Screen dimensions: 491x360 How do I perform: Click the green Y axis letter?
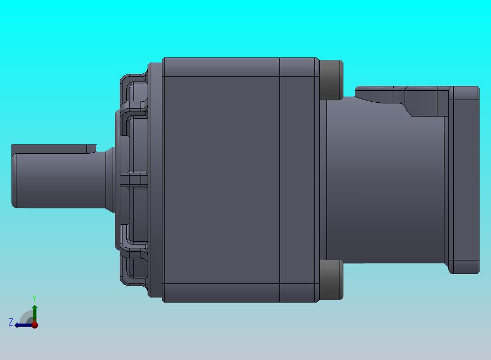tap(34, 298)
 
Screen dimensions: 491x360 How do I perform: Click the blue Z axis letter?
tap(11, 322)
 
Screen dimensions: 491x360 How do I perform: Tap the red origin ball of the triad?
tap(35, 325)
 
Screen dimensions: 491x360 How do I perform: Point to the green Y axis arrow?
tap(35, 313)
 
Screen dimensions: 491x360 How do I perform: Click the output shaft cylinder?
tap(60, 180)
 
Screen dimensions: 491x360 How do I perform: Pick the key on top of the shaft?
tap(54, 149)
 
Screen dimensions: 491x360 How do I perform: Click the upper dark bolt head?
tap(331, 80)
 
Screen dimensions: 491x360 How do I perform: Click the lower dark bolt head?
tap(331, 280)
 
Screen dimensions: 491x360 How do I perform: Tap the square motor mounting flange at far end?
tap(464, 180)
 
